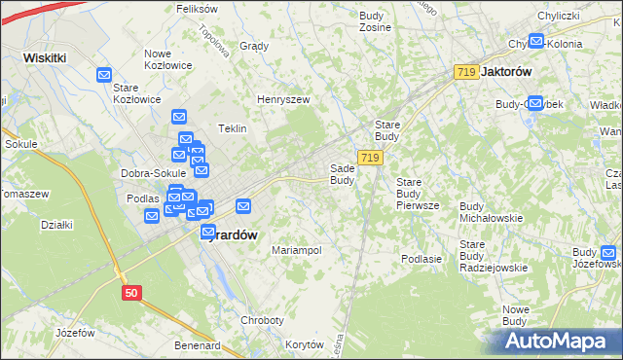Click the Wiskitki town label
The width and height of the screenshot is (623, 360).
[45, 57]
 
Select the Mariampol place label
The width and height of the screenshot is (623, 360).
[297, 250]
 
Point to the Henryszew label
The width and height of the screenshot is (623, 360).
[282, 99]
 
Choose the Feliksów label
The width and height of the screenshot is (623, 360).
[197, 8]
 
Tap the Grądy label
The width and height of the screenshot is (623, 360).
[253, 46]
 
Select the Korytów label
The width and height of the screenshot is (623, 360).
[304, 345]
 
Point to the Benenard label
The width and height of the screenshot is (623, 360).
[198, 345]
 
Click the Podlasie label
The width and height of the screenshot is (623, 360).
[421, 259]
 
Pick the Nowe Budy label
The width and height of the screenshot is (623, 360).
[515, 315]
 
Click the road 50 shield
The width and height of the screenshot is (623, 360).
[132, 291]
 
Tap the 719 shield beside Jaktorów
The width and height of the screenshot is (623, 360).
[465, 72]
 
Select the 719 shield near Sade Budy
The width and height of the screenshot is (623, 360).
[369, 158]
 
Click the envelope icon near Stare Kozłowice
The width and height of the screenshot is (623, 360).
[104, 74]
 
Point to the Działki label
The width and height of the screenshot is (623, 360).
[57, 225]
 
